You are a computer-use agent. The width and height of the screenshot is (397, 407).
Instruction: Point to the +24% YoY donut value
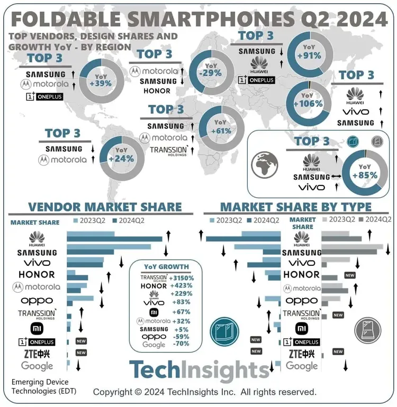(121, 158)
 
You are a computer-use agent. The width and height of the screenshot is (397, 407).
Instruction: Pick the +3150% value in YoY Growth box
(182, 277)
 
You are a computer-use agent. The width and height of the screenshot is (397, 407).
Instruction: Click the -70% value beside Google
(182, 345)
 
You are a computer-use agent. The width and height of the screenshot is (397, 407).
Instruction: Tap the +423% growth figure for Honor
(182, 286)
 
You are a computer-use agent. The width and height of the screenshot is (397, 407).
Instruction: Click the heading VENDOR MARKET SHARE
(105, 207)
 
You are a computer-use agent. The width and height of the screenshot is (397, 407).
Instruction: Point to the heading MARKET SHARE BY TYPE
(296, 207)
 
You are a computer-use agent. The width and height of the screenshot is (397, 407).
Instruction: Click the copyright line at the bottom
(205, 392)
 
